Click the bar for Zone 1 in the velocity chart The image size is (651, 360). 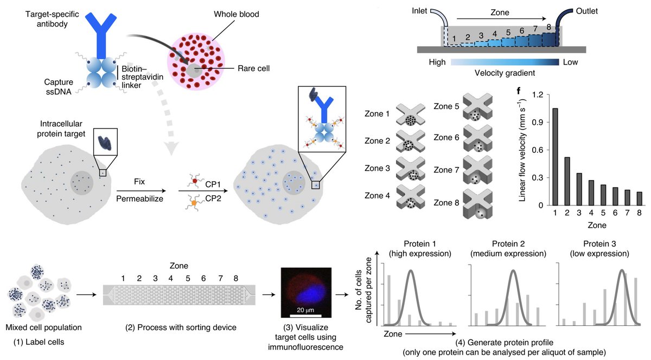tap(555, 157)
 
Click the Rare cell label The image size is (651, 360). tap(253, 68)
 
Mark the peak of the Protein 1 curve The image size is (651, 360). tap(411, 270)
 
